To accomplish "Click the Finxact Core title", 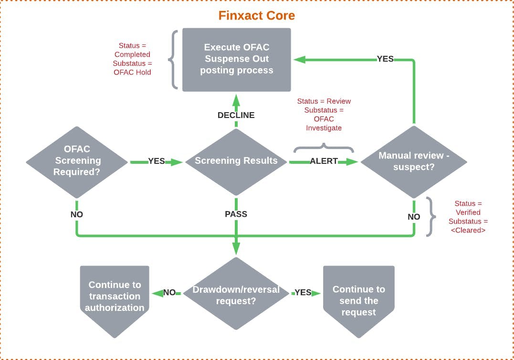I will point(256,15).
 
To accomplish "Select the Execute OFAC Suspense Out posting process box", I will point(237,59).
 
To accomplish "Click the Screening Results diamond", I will point(236,161).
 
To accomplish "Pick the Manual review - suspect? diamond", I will point(414,161).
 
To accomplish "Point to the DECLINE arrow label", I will point(236,115).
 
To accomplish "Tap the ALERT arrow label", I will point(324,161).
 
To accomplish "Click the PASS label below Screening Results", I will point(236,214).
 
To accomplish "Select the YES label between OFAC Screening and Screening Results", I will point(157,161).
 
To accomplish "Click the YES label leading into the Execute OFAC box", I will point(385,59).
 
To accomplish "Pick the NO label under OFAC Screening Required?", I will point(77,214).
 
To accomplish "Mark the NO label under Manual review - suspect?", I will point(414,217).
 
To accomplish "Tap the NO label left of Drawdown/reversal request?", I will point(169,293).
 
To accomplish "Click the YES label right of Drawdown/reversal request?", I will point(303,293).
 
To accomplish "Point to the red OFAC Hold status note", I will point(132,59).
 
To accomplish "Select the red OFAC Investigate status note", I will point(324,115).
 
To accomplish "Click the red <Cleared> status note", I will point(468,217).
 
